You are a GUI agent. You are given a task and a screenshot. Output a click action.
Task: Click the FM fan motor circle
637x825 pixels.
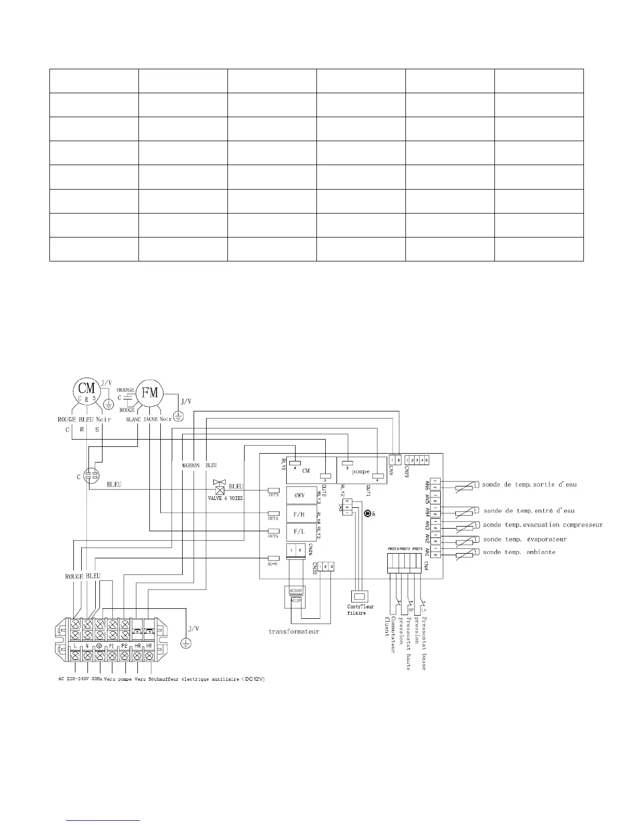click(x=150, y=393)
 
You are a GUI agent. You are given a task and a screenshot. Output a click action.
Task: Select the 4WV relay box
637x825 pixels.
click(x=299, y=496)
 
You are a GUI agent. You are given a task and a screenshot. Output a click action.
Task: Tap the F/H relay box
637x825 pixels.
click(x=299, y=514)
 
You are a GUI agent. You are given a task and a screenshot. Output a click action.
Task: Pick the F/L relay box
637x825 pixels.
click(x=299, y=532)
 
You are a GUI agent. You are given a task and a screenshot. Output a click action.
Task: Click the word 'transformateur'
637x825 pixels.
click(x=294, y=631)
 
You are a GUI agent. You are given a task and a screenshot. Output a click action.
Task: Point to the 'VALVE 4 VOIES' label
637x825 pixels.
click(x=225, y=498)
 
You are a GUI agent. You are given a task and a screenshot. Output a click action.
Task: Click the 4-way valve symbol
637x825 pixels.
click(x=220, y=489)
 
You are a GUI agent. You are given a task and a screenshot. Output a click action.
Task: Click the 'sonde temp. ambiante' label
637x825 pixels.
click(x=519, y=552)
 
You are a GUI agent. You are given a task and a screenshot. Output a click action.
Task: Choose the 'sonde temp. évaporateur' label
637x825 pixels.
click(x=525, y=539)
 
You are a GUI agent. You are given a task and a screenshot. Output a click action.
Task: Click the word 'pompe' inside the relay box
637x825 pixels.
click(x=360, y=471)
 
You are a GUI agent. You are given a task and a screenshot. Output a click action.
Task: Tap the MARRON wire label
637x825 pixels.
click(x=191, y=465)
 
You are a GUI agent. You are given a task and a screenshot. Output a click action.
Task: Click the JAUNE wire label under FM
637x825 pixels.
click(x=150, y=419)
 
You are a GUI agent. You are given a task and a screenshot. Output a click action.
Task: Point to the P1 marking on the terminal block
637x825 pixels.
click(x=111, y=646)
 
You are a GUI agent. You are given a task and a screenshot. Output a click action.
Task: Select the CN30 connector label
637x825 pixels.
click(x=315, y=568)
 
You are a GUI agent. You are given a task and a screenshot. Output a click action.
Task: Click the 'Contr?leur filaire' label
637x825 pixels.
click(x=360, y=609)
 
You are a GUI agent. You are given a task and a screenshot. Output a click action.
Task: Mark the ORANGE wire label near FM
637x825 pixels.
click(x=125, y=390)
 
